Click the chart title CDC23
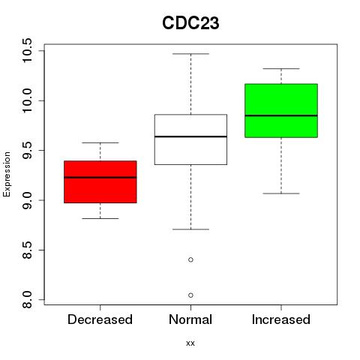coord(190,23)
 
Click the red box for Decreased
coord(100,181)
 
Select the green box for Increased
coord(281,110)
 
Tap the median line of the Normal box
coord(190,136)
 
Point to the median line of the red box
coord(100,178)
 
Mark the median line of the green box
coord(281,115)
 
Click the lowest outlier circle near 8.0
coord(190,295)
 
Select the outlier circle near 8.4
coord(190,259)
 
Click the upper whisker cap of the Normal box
coord(190,54)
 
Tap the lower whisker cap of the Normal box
coord(190,229)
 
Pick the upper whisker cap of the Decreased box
coord(100,142)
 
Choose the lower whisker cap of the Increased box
coord(281,193)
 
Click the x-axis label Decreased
coord(100,319)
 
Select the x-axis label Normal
coord(190,319)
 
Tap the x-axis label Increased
coord(281,319)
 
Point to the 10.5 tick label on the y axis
coord(27,50)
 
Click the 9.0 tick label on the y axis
coord(27,200)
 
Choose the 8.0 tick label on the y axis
coord(27,300)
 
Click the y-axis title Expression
coord(7,174)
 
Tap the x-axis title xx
coord(190,343)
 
